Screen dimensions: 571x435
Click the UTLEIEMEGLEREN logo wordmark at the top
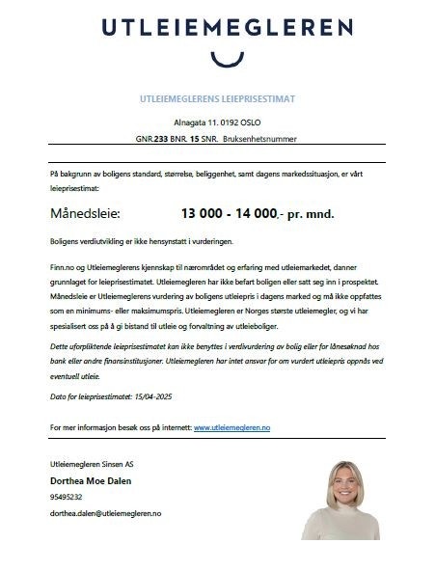[218, 27]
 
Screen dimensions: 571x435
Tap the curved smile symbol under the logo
[221, 60]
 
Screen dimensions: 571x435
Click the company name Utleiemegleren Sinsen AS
[96, 465]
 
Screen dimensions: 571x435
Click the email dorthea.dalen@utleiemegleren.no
[105, 514]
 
